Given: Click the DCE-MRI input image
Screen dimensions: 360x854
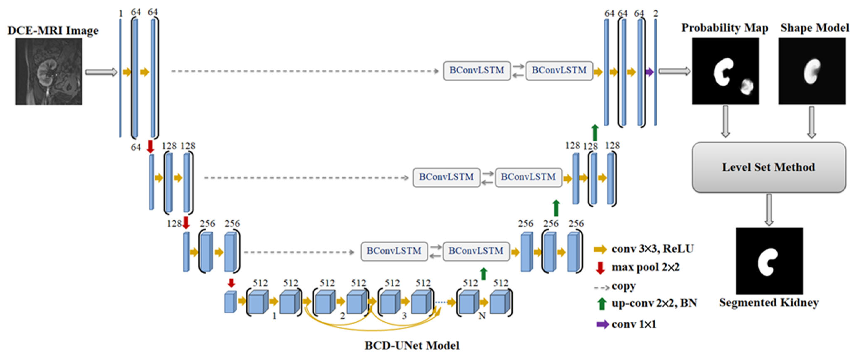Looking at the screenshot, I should [49, 72].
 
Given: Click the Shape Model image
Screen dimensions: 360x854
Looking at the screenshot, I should [812, 71].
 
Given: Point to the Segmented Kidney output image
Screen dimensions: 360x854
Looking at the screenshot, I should [769, 261].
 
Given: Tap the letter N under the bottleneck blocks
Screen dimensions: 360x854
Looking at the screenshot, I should [482, 316].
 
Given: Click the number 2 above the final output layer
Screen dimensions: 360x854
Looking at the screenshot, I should [655, 14].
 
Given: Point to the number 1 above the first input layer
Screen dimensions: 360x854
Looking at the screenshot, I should [121, 14].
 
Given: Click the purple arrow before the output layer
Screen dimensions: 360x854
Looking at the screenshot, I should [649, 72].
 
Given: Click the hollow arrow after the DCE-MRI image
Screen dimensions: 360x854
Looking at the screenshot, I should [101, 72].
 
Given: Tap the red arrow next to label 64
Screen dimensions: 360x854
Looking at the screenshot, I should [150, 146].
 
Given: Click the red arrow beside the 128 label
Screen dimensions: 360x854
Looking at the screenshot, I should [186, 223].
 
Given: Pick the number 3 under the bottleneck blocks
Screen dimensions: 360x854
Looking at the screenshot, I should [404, 316].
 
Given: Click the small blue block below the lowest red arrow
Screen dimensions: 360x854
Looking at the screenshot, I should [230, 302].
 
